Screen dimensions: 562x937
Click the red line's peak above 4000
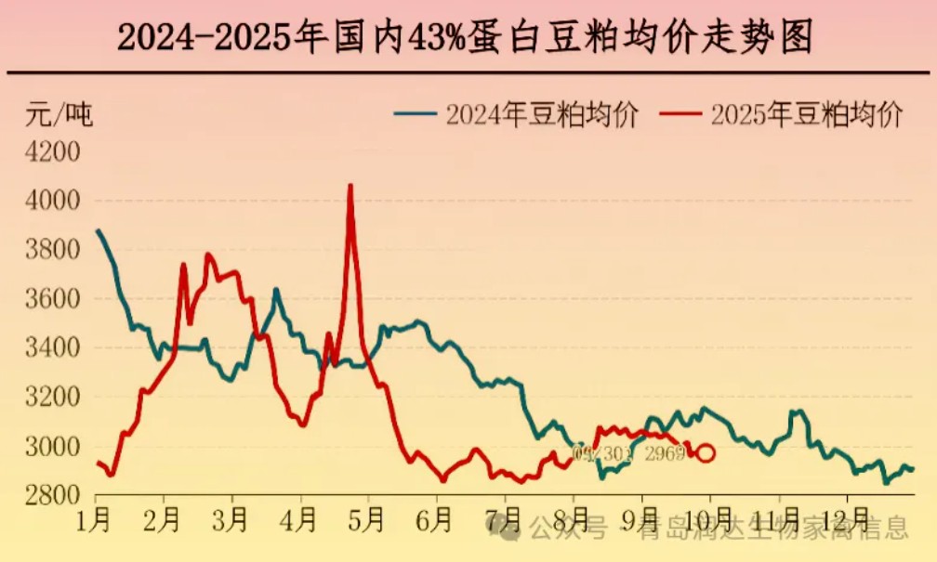tap(350, 186)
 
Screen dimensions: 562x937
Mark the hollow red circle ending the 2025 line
tap(706, 453)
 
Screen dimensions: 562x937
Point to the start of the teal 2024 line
tap(98, 230)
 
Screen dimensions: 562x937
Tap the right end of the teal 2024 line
tap(912, 469)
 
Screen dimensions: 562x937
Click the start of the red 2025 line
tap(98, 463)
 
